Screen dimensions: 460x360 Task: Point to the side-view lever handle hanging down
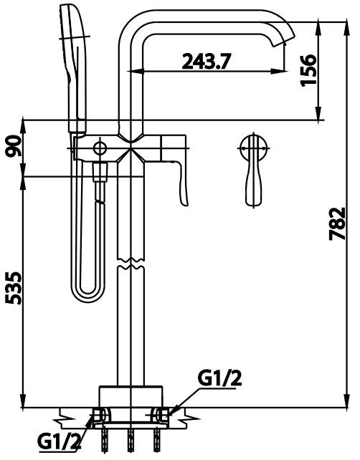pyautogui.click(x=182, y=183)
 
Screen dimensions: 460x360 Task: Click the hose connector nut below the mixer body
pyautogui.click(x=101, y=172)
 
